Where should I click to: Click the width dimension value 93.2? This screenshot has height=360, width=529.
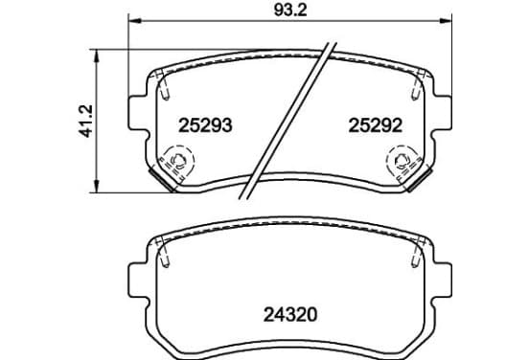click(x=290, y=11)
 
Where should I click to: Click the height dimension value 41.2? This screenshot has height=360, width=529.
click(x=85, y=121)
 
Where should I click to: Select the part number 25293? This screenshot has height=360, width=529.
click(x=205, y=125)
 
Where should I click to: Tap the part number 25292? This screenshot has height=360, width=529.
click(x=375, y=125)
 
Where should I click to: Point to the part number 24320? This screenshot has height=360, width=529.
click(x=290, y=315)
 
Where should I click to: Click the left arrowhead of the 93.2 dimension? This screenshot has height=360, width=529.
click(x=134, y=21)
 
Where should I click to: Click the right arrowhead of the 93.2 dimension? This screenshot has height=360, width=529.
click(x=446, y=21)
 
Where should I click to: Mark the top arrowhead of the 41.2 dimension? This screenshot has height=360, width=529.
click(x=97, y=56)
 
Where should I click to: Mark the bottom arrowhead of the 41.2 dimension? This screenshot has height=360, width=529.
click(x=97, y=187)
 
